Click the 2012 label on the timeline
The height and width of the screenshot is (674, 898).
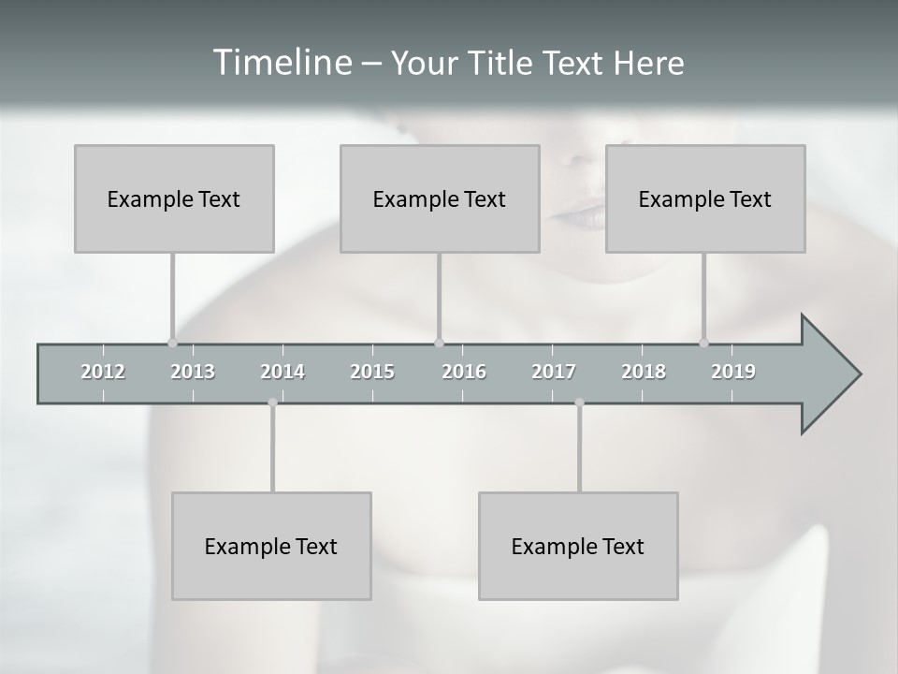103,372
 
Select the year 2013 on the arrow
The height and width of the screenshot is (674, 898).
193,372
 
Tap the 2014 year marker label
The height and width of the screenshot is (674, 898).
282,372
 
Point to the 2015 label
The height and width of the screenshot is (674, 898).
372,372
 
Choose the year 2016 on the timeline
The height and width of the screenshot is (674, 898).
464,372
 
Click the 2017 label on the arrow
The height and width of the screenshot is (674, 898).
554,372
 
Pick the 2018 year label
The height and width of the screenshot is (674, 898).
644,372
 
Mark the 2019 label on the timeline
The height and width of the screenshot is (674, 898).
733,372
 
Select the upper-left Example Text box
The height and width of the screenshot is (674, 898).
174,198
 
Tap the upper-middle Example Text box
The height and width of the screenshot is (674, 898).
440,198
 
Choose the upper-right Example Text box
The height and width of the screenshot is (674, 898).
705,198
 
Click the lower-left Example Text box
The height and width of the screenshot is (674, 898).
271,546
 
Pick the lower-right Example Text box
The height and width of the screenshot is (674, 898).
578,546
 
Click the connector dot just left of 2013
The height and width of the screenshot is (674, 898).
172,343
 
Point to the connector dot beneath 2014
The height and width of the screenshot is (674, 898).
272,403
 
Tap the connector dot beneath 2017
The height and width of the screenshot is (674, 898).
579,403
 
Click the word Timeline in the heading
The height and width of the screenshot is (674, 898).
282,63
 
